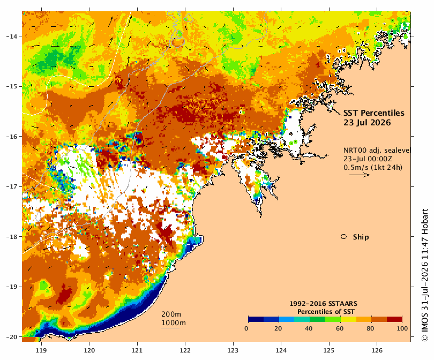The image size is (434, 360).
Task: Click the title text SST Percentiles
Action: point(373,113)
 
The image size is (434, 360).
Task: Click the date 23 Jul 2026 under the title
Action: point(367,123)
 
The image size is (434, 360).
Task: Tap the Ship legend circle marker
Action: point(344,237)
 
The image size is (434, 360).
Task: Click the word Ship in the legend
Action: point(361,237)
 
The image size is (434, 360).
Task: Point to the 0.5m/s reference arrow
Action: point(360,175)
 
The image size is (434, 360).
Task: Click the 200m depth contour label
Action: point(171,314)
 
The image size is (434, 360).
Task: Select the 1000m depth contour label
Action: point(174,323)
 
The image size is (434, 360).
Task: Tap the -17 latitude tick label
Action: point(12,186)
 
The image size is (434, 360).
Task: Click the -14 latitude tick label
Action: point(12,36)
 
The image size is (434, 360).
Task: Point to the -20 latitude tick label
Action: point(12,337)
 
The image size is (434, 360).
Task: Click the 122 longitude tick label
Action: point(185,350)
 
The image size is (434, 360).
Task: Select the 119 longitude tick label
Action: point(41,350)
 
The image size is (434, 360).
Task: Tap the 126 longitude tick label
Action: point(377,350)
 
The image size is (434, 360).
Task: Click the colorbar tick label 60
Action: point(340,328)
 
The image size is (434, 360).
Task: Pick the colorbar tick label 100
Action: point(402,328)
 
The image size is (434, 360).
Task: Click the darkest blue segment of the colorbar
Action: point(256,319)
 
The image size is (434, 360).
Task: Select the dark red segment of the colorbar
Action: point(394,319)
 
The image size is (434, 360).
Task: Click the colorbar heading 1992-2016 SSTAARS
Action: point(323,304)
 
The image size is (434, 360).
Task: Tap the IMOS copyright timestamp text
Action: point(424,275)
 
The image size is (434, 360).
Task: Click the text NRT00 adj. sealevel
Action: point(377,151)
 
